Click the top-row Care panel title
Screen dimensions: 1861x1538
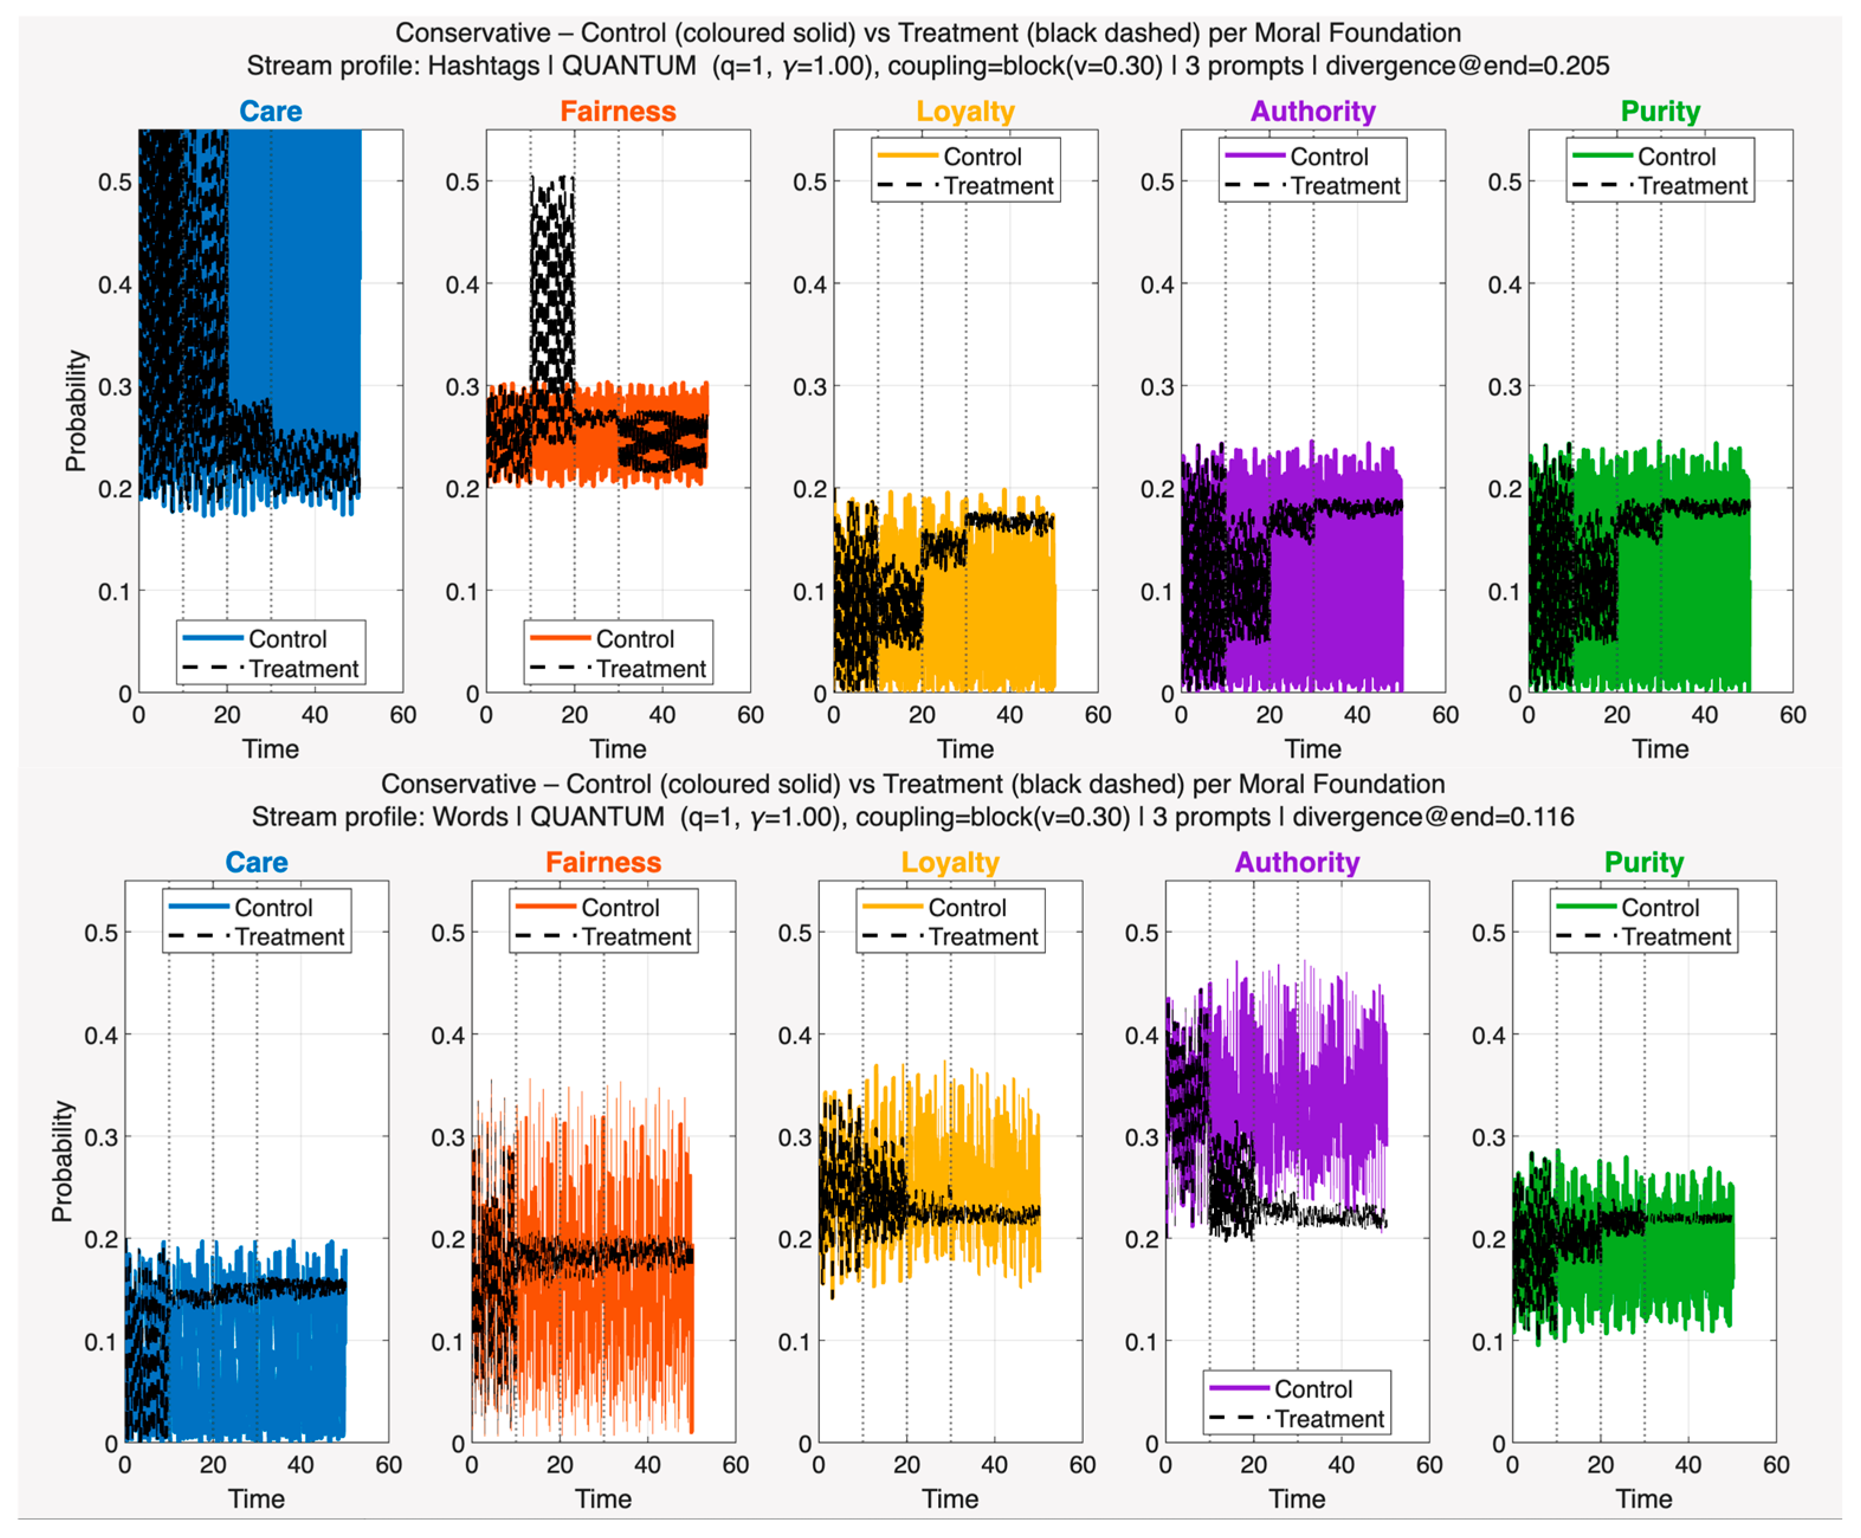pyautogui.click(x=270, y=112)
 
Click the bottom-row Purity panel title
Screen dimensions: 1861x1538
pyautogui.click(x=1644, y=862)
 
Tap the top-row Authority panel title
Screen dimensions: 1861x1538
pyautogui.click(x=1313, y=112)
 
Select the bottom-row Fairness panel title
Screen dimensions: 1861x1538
pyautogui.click(x=603, y=862)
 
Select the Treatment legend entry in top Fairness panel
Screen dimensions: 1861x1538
pyautogui.click(x=618, y=669)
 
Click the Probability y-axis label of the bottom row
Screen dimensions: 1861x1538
pyautogui.click(x=62, y=1161)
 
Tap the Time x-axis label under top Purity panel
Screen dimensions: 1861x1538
pyautogui.click(x=1660, y=749)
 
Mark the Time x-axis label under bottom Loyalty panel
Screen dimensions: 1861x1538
pyautogui.click(x=951, y=1499)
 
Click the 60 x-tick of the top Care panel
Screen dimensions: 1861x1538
pyautogui.click(x=403, y=715)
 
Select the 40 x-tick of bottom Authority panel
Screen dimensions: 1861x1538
pyautogui.click(x=1341, y=1465)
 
